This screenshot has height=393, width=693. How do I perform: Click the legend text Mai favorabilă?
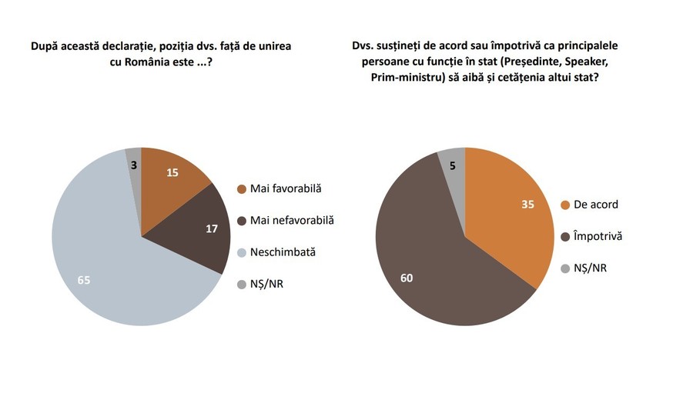click(285, 189)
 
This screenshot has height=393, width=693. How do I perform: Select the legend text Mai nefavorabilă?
click(291, 221)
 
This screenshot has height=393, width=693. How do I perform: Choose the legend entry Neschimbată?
click(282, 251)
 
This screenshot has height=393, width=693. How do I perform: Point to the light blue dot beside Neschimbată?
click(242, 252)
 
